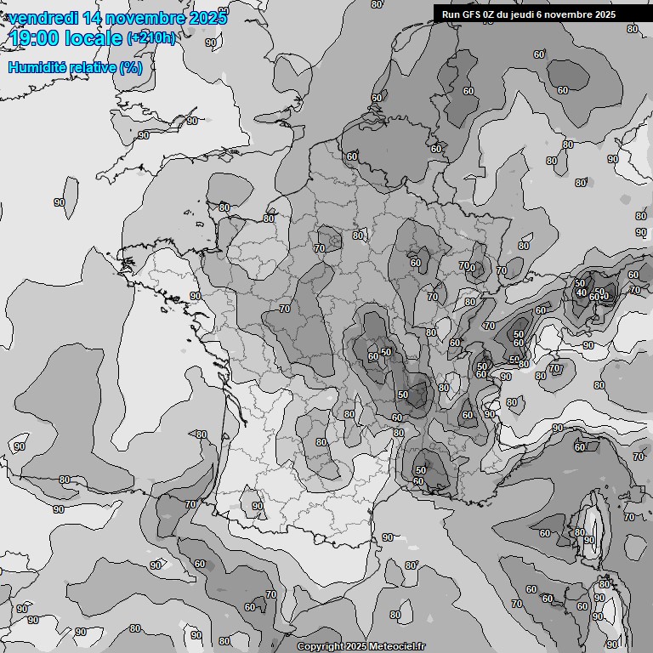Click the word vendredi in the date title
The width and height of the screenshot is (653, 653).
click(41, 18)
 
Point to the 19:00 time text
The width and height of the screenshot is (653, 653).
click(34, 38)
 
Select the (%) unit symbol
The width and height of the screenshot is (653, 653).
click(130, 67)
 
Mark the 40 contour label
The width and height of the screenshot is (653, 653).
click(582, 292)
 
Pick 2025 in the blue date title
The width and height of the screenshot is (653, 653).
click(207, 18)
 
